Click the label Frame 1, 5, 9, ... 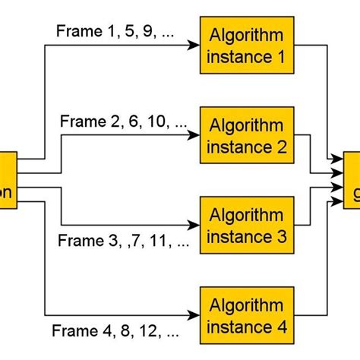coord(106,32)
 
